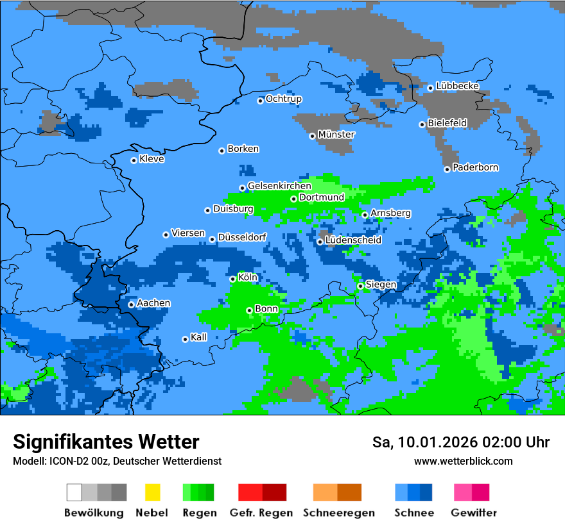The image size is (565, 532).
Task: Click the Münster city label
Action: click(336, 135)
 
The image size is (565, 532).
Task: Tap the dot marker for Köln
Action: click(233, 279)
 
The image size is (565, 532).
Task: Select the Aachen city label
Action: click(154, 303)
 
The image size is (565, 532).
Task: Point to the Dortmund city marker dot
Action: click(294, 199)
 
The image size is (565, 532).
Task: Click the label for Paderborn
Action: click(476, 168)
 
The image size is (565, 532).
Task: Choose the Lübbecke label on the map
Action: click(458, 86)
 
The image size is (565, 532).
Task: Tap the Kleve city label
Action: click(152, 159)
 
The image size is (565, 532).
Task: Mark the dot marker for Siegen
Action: click(361, 287)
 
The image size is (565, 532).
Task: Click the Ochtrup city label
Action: click(284, 99)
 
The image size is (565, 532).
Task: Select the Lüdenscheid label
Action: click(354, 240)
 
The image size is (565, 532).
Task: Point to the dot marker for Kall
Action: click(186, 339)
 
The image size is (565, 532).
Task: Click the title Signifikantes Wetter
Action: click(106, 442)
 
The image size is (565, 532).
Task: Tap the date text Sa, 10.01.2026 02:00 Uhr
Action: click(461, 442)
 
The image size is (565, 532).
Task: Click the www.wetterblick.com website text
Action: click(464, 461)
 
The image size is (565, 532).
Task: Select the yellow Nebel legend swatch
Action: click(152, 492)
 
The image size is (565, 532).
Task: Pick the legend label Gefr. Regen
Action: click(261, 513)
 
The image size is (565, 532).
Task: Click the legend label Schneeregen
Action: click(339, 513)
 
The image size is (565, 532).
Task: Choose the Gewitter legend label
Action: click(474, 513)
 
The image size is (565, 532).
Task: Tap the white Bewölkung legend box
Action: click(74, 492)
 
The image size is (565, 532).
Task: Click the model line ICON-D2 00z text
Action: click(117, 461)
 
